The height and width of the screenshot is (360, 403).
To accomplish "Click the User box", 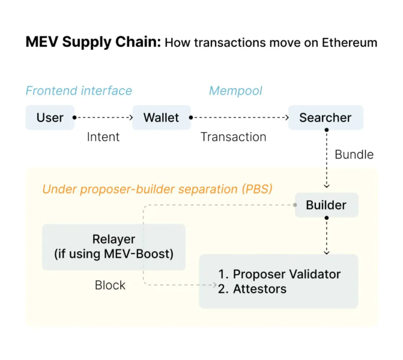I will click(50, 118).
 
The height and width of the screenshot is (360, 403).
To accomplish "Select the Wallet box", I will click(161, 118).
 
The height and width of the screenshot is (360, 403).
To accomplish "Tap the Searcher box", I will click(326, 118).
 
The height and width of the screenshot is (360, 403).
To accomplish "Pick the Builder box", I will click(326, 205).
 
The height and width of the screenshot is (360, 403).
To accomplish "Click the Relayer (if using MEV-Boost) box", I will click(114, 246).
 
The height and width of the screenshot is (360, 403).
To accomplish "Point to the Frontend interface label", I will click(79, 91).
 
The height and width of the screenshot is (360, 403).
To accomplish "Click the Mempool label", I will click(235, 91).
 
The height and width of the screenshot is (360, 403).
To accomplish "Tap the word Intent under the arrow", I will click(103, 137).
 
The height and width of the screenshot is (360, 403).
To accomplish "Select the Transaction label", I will click(234, 137).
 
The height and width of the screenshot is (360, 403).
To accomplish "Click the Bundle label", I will click(354, 154).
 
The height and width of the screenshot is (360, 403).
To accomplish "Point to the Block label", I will click(110, 285).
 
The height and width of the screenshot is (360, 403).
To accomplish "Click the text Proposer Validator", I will click(286, 275).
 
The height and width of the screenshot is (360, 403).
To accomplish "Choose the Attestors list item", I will click(259, 289).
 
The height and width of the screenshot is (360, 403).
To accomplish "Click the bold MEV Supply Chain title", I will click(93, 43).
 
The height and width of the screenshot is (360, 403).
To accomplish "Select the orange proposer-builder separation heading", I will click(157, 189).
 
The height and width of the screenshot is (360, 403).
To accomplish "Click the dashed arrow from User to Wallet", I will click(103, 118).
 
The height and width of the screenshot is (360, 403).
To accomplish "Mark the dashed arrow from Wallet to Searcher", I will click(239, 118).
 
